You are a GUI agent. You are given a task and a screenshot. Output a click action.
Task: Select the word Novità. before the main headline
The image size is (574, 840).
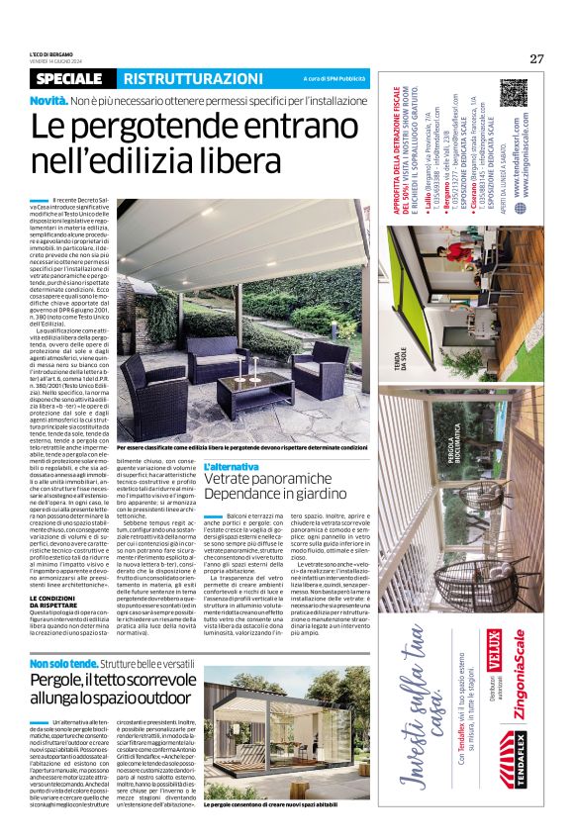pyautogui.click(x=48, y=102)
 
